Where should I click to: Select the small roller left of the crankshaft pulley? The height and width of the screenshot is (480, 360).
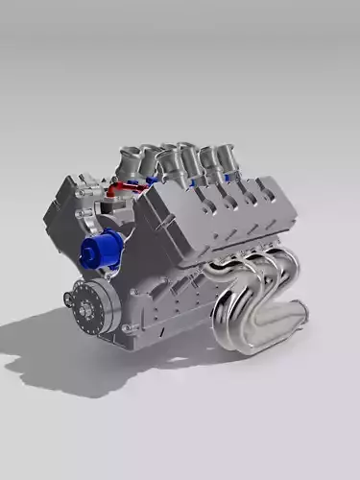coord(68,300)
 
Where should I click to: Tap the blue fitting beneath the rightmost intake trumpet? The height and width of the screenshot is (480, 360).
coord(227,177)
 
